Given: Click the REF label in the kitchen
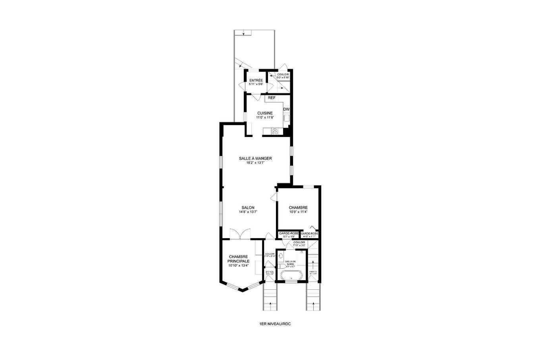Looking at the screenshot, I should [x=272, y=98].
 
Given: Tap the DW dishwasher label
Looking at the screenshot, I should [x=286, y=110].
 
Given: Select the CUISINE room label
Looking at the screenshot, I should [x=265, y=113].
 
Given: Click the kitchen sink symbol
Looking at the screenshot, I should [x=286, y=118].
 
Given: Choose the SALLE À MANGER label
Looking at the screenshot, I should [x=255, y=158].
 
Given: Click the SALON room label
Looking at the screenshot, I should [x=248, y=208].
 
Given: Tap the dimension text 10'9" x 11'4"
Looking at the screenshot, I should [x=298, y=212].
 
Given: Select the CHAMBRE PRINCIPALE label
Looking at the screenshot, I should [x=239, y=259].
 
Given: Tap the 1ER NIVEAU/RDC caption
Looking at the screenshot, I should [x=275, y=324].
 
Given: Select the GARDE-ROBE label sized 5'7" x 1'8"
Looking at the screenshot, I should [x=289, y=233].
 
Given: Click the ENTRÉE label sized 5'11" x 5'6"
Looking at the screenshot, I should [x=256, y=81].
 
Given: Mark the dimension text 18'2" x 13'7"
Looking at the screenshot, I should [x=255, y=162].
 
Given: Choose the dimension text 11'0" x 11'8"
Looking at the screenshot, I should [x=265, y=117].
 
